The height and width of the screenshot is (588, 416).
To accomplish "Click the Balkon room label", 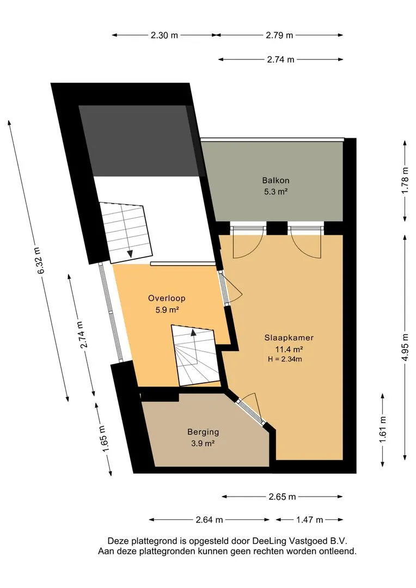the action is (276, 180).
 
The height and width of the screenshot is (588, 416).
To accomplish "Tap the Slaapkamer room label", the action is (289, 338).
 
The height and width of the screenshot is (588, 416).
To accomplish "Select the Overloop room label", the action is (167, 298).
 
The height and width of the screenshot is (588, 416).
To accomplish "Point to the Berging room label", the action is (203, 432).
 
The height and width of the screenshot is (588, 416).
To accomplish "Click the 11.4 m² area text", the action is (289, 350).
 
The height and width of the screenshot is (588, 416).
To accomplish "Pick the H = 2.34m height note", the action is (285, 359).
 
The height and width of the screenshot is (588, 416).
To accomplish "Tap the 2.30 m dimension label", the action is (164, 35).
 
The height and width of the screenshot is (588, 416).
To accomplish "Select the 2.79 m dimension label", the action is (279, 35).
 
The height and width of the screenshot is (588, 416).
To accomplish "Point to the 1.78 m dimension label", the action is (405, 180).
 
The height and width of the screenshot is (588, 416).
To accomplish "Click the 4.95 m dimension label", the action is (405, 347).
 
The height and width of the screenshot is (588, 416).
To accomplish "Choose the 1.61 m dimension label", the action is (383, 430).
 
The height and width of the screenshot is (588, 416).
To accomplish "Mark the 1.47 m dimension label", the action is (309, 520).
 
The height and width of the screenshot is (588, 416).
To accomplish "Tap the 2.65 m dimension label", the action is (282, 497).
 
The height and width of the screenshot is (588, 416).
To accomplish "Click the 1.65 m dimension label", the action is (105, 438).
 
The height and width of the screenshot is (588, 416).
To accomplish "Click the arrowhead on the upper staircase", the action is (130, 254).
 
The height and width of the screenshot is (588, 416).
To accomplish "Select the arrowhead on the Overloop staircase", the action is (193, 332).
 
